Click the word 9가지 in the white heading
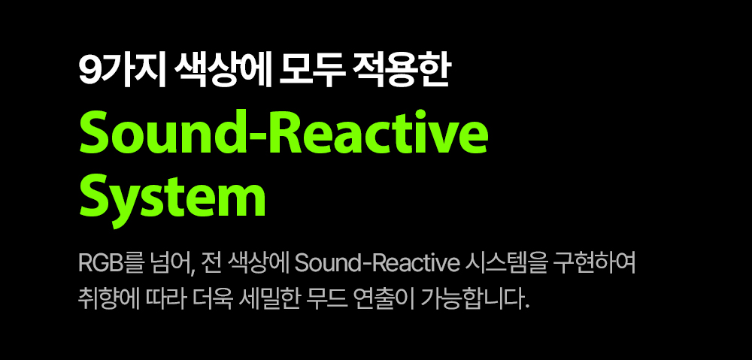point(122,72)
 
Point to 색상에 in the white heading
point(222,72)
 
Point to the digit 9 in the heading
point(89,73)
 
